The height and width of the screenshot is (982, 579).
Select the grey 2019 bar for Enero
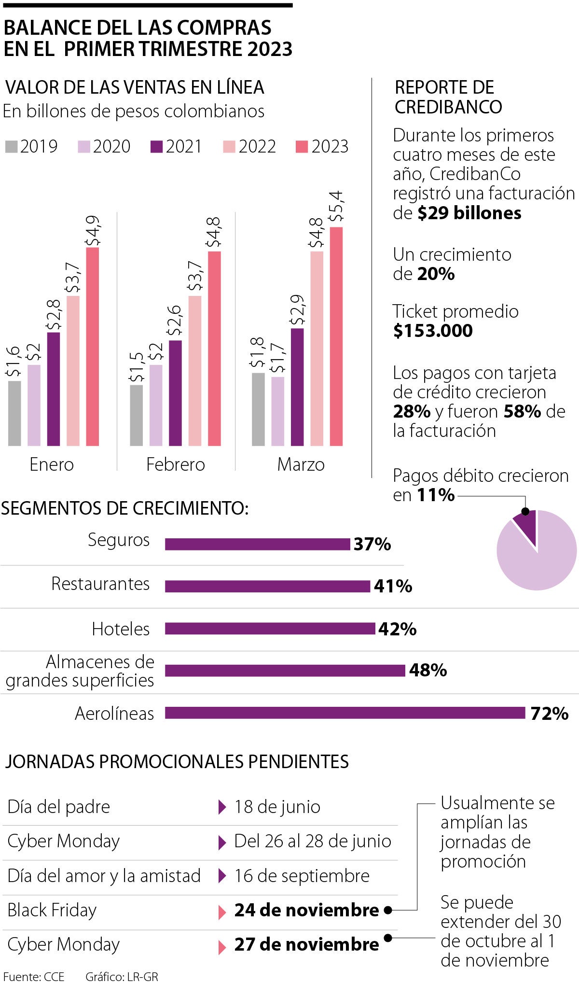coord(15,413)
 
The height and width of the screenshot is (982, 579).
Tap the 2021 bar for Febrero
coord(176,393)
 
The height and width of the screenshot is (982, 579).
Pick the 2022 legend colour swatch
coord(229,146)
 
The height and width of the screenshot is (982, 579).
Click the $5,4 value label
coord(336,206)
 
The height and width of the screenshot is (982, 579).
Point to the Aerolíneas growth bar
coord(345,713)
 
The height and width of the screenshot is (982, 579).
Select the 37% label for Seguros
coord(372,544)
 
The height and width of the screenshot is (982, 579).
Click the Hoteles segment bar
coord(270,629)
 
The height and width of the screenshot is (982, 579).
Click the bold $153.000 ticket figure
coord(433,331)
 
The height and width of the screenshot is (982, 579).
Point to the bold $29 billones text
coord(469,213)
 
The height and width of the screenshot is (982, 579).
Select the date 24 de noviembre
coord(306,910)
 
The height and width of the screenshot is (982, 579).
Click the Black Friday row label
coord(52,910)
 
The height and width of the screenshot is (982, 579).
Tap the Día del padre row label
coord(59,807)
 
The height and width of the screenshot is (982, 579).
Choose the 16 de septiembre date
coord(302,876)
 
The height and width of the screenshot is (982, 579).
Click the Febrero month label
coord(176,464)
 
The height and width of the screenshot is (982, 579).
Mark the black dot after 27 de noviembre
coord(387,938)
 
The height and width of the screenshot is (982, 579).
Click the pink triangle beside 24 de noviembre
coord(222,912)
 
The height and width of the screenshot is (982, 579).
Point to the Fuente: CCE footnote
coord(34,976)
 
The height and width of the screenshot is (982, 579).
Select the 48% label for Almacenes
coord(427,670)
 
